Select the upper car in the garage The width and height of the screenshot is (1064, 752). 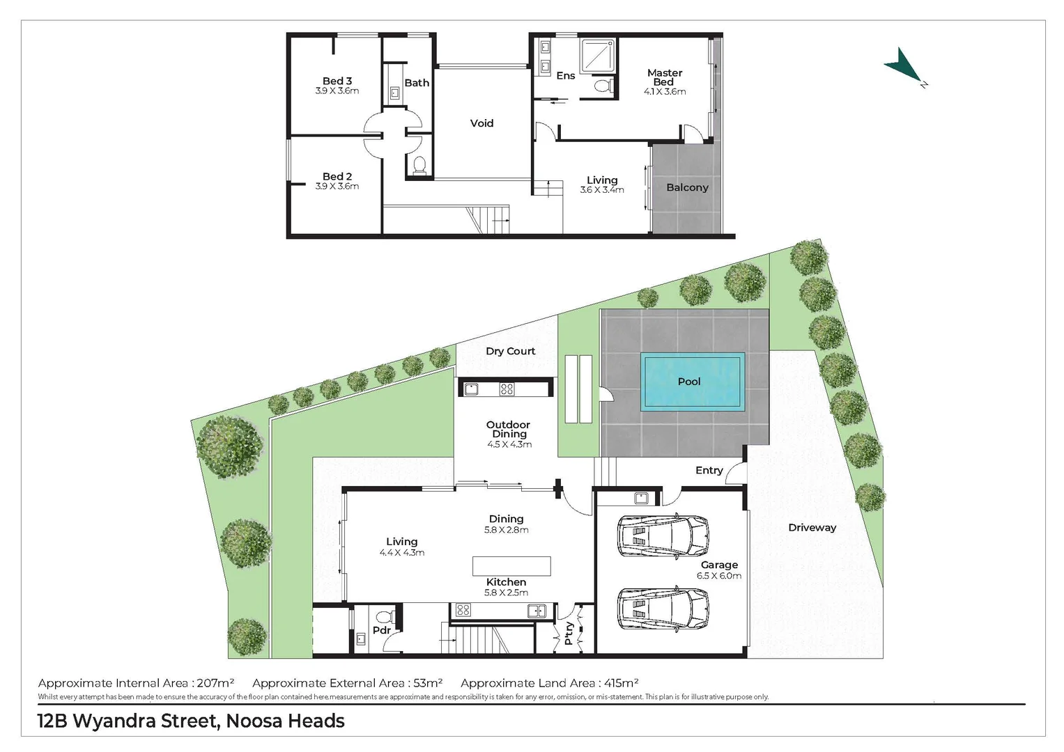tap(663, 536)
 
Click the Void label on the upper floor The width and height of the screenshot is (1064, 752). tap(481, 123)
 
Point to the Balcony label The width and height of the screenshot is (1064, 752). tap(687, 187)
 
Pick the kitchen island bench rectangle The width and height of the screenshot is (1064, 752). tap(511, 565)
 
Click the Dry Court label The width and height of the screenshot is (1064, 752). tap(511, 351)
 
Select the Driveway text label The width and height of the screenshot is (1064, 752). tap(812, 527)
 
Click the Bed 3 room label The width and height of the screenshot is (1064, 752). tap(337, 81)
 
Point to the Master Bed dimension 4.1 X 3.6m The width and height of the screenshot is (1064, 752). tap(665, 91)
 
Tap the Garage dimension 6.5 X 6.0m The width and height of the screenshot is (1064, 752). tap(719, 576)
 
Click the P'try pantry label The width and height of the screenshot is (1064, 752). tap(569, 634)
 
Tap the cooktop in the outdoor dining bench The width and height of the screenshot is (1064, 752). tap(507, 389)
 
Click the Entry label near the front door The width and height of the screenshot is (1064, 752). tap(709, 470)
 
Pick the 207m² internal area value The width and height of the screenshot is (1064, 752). tap(215, 683)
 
